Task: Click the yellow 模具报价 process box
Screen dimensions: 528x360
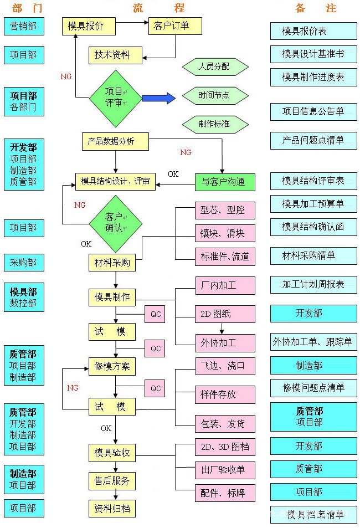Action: (89, 26)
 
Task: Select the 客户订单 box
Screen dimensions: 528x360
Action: (174, 26)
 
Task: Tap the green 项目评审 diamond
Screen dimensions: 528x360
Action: (116, 98)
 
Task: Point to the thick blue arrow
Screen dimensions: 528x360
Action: (158, 98)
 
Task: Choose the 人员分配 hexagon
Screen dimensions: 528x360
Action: (214, 68)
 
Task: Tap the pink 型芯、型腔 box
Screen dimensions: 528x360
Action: (225, 211)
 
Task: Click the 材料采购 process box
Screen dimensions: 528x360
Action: (112, 263)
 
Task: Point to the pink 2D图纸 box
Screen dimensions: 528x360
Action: (225, 314)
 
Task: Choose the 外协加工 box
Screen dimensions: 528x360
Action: (225, 342)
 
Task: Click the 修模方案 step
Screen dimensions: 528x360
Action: (112, 366)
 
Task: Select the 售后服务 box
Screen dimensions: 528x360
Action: (112, 481)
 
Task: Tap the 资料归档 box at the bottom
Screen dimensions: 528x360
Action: (112, 508)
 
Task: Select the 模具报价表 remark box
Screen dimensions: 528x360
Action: (313, 31)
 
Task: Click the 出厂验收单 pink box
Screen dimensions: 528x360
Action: (225, 470)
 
